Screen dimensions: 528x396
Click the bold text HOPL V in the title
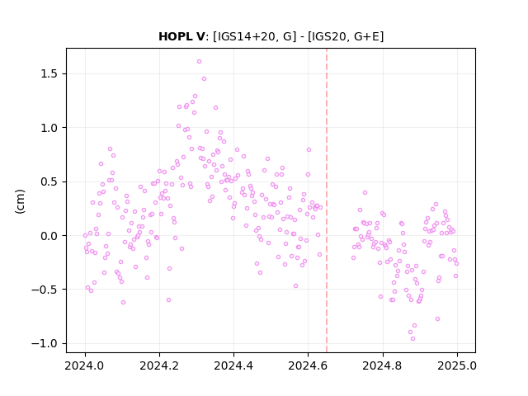181,36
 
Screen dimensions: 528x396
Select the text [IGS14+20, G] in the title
255,36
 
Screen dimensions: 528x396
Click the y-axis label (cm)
20,201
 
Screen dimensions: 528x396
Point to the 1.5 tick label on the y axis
49,73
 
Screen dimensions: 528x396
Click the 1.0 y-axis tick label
49,128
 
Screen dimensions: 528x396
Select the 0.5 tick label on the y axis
49,181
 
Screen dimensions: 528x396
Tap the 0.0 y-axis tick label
49,236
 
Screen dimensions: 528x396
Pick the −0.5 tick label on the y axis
45,290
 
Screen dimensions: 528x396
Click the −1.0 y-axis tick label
45,343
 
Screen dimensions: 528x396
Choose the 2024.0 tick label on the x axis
85,365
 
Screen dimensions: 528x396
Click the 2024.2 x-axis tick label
159,365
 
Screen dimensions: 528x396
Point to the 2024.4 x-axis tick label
233,365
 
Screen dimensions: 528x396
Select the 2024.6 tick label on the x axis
308,365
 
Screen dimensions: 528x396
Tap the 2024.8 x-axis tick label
382,365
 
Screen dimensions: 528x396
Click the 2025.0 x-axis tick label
456,365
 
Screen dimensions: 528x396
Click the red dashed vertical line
327,200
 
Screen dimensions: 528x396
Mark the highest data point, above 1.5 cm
199,62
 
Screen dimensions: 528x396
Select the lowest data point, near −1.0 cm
412,339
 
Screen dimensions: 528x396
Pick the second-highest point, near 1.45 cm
204,79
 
